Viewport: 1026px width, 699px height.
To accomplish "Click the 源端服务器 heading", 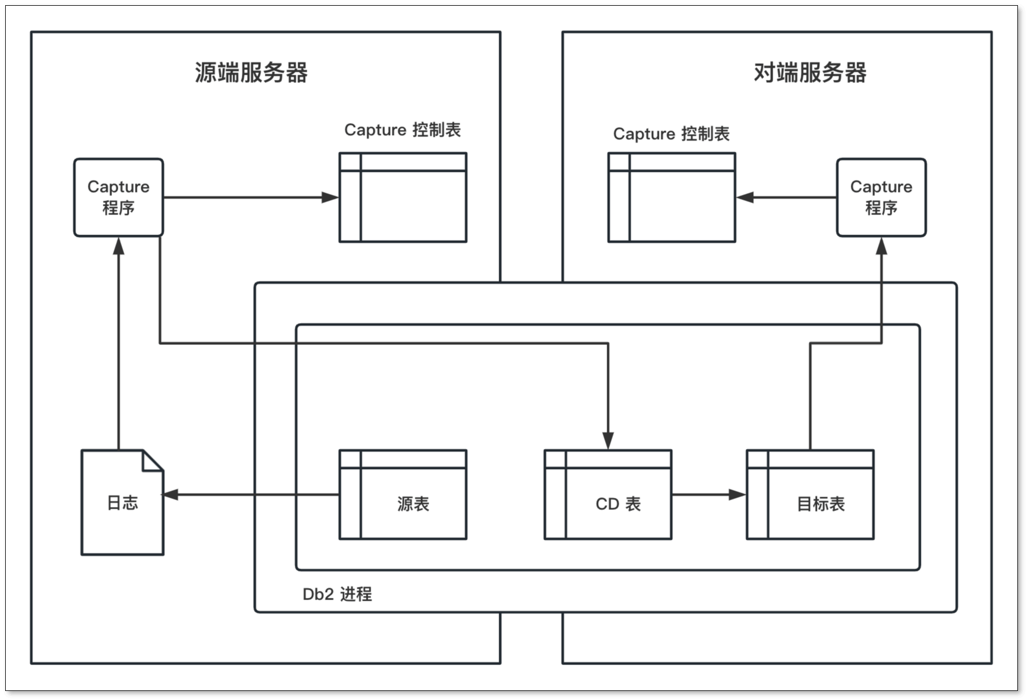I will coord(251,73).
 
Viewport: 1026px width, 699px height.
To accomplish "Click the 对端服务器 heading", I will coord(809,73).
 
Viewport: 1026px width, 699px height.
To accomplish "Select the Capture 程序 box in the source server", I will coord(118,197).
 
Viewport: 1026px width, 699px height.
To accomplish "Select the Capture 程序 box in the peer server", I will coord(881,197).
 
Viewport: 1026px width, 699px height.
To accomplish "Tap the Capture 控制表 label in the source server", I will coord(402,130).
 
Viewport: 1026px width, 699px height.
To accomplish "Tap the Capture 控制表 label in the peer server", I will coord(671,134).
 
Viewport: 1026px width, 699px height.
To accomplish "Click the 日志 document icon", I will coord(122,503).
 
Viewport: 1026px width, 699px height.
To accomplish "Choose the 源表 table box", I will coord(403,494).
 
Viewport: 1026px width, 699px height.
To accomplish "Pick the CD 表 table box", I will coord(608,494).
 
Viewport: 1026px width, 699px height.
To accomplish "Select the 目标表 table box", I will coord(810,494).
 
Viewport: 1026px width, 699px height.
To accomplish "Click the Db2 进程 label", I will coord(337,594).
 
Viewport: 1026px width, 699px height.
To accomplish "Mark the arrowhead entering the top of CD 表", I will coord(608,441).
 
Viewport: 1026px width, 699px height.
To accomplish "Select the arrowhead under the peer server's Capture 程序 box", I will coord(881,246).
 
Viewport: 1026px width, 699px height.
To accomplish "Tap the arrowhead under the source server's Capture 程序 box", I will coord(118,246).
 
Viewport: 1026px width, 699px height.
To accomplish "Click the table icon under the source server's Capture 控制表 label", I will coord(403,197).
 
